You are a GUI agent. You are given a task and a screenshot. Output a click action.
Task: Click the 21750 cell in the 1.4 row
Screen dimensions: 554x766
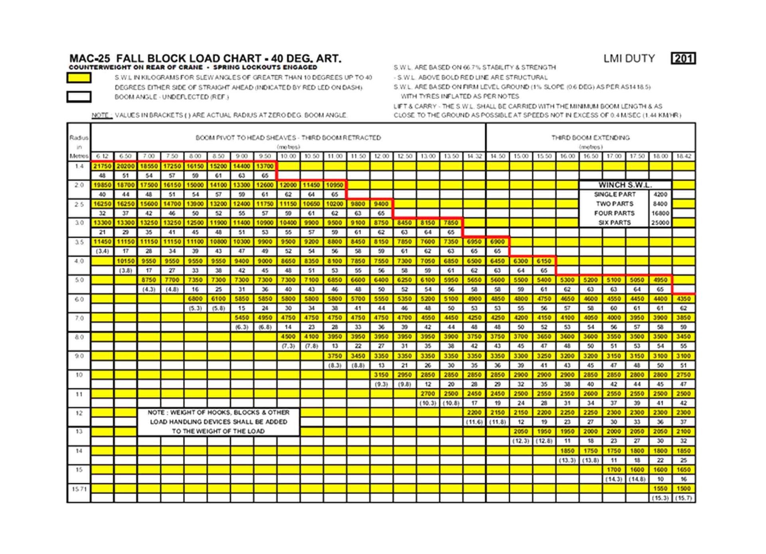103,166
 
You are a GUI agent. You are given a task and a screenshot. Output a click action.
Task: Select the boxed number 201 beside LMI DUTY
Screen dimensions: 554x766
683,59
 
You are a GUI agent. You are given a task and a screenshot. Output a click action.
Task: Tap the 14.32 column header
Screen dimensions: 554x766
474,156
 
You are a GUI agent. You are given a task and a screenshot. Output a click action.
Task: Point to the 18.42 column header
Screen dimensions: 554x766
683,156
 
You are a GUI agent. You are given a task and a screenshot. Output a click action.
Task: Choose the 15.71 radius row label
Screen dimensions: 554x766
79,489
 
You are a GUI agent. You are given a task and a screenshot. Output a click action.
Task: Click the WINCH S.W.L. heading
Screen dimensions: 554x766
625,185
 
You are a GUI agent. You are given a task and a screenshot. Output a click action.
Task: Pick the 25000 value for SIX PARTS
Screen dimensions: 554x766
660,223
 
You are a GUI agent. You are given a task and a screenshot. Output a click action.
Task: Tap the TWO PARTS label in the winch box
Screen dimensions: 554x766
614,204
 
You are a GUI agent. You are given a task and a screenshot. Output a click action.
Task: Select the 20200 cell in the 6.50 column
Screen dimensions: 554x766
126,166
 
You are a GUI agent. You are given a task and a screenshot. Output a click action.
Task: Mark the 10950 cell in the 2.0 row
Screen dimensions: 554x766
334,185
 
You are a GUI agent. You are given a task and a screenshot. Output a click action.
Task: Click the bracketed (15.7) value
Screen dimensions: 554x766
683,498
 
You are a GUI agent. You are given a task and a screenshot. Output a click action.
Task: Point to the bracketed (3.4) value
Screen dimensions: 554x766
103,251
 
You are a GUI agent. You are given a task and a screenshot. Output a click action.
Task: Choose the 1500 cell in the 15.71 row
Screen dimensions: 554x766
683,488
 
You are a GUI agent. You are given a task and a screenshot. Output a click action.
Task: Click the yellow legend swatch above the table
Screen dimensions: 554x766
79,77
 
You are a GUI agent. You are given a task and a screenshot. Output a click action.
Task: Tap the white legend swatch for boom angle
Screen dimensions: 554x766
79,97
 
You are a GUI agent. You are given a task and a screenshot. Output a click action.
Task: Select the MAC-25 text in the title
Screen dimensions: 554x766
90,59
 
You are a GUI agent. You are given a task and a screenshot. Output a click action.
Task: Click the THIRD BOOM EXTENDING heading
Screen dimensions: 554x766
590,138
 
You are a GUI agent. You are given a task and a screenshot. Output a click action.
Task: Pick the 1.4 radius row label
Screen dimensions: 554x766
79,166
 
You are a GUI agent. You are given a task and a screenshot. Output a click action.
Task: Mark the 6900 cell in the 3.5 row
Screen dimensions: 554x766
497,242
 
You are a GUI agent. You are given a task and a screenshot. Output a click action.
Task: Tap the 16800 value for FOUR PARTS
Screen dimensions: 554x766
660,213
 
